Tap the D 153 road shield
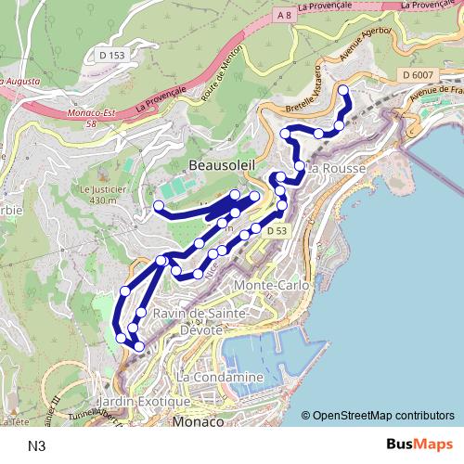coord(112,56)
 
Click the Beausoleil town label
coord(222,164)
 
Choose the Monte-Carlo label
coord(271,285)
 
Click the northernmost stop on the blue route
coord(343,89)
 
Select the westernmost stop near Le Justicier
coord(160,205)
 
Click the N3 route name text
coord(37,445)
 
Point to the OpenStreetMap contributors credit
coord(382,417)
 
